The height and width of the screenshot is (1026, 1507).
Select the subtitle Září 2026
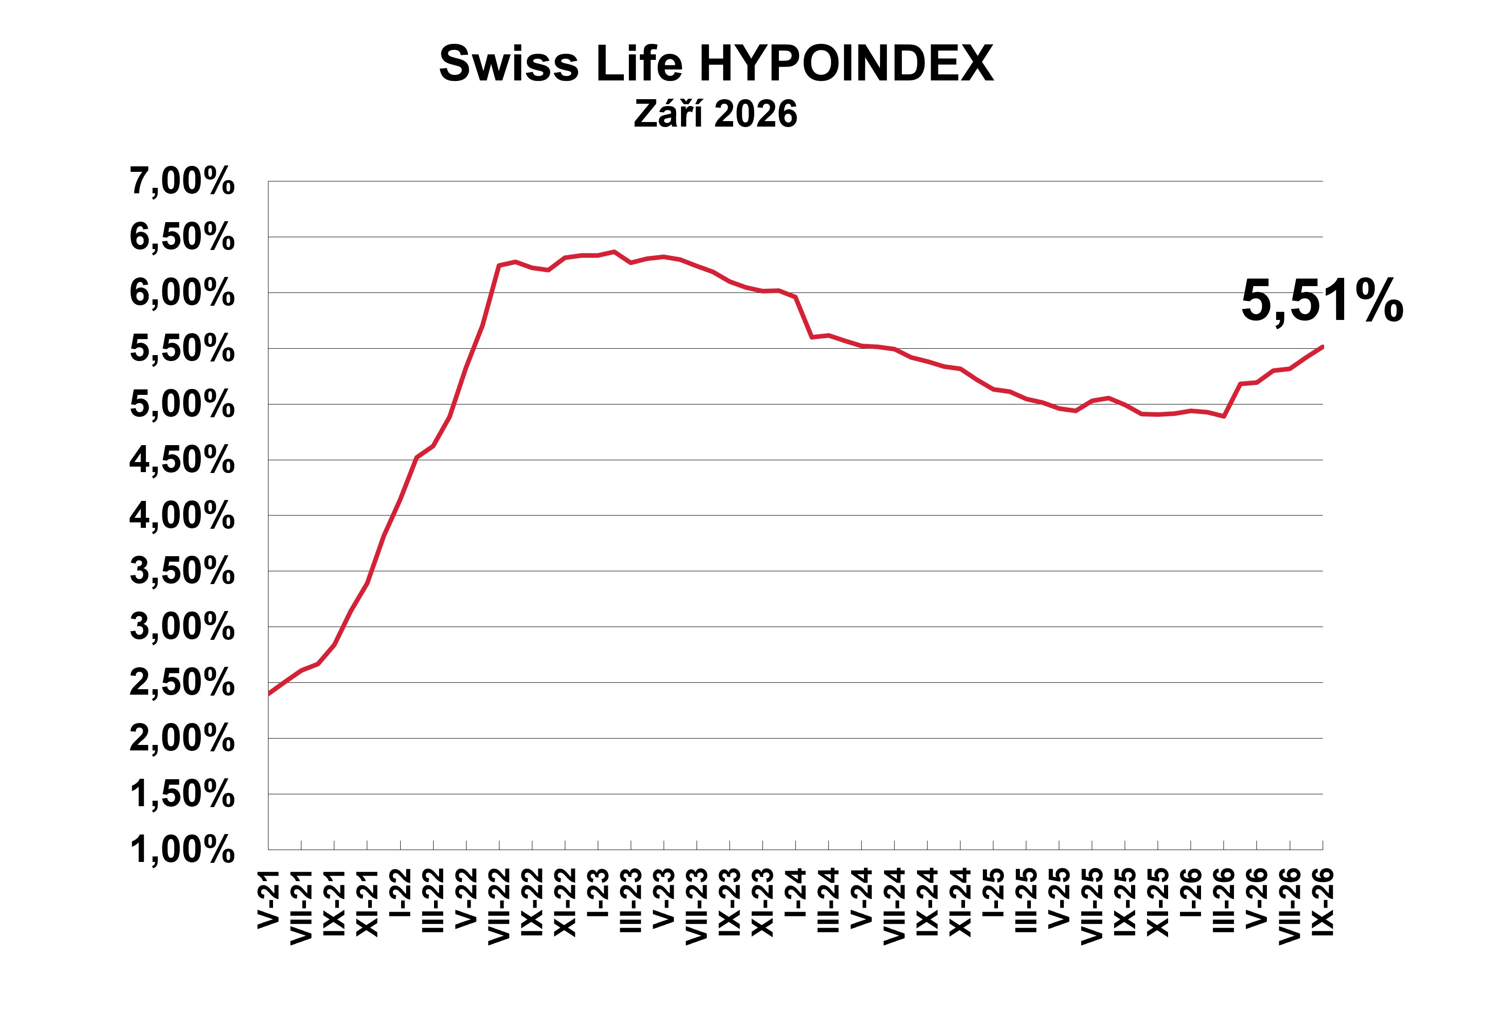(715, 114)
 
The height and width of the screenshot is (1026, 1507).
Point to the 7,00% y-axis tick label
(182, 181)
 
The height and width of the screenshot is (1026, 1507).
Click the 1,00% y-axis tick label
(182, 849)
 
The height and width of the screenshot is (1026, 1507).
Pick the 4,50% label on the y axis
(182, 459)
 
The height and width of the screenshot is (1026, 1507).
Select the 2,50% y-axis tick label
(182, 682)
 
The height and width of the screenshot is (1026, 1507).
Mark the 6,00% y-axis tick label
(182, 292)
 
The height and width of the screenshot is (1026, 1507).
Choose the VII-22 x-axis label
(499, 907)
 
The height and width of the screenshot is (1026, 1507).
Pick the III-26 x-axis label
(1223, 901)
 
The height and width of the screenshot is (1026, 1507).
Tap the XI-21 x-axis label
(367, 903)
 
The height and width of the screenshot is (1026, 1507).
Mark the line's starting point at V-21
(269, 693)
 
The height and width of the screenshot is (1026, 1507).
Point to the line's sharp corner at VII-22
(499, 265)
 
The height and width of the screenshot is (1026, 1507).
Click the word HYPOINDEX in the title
(846, 64)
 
